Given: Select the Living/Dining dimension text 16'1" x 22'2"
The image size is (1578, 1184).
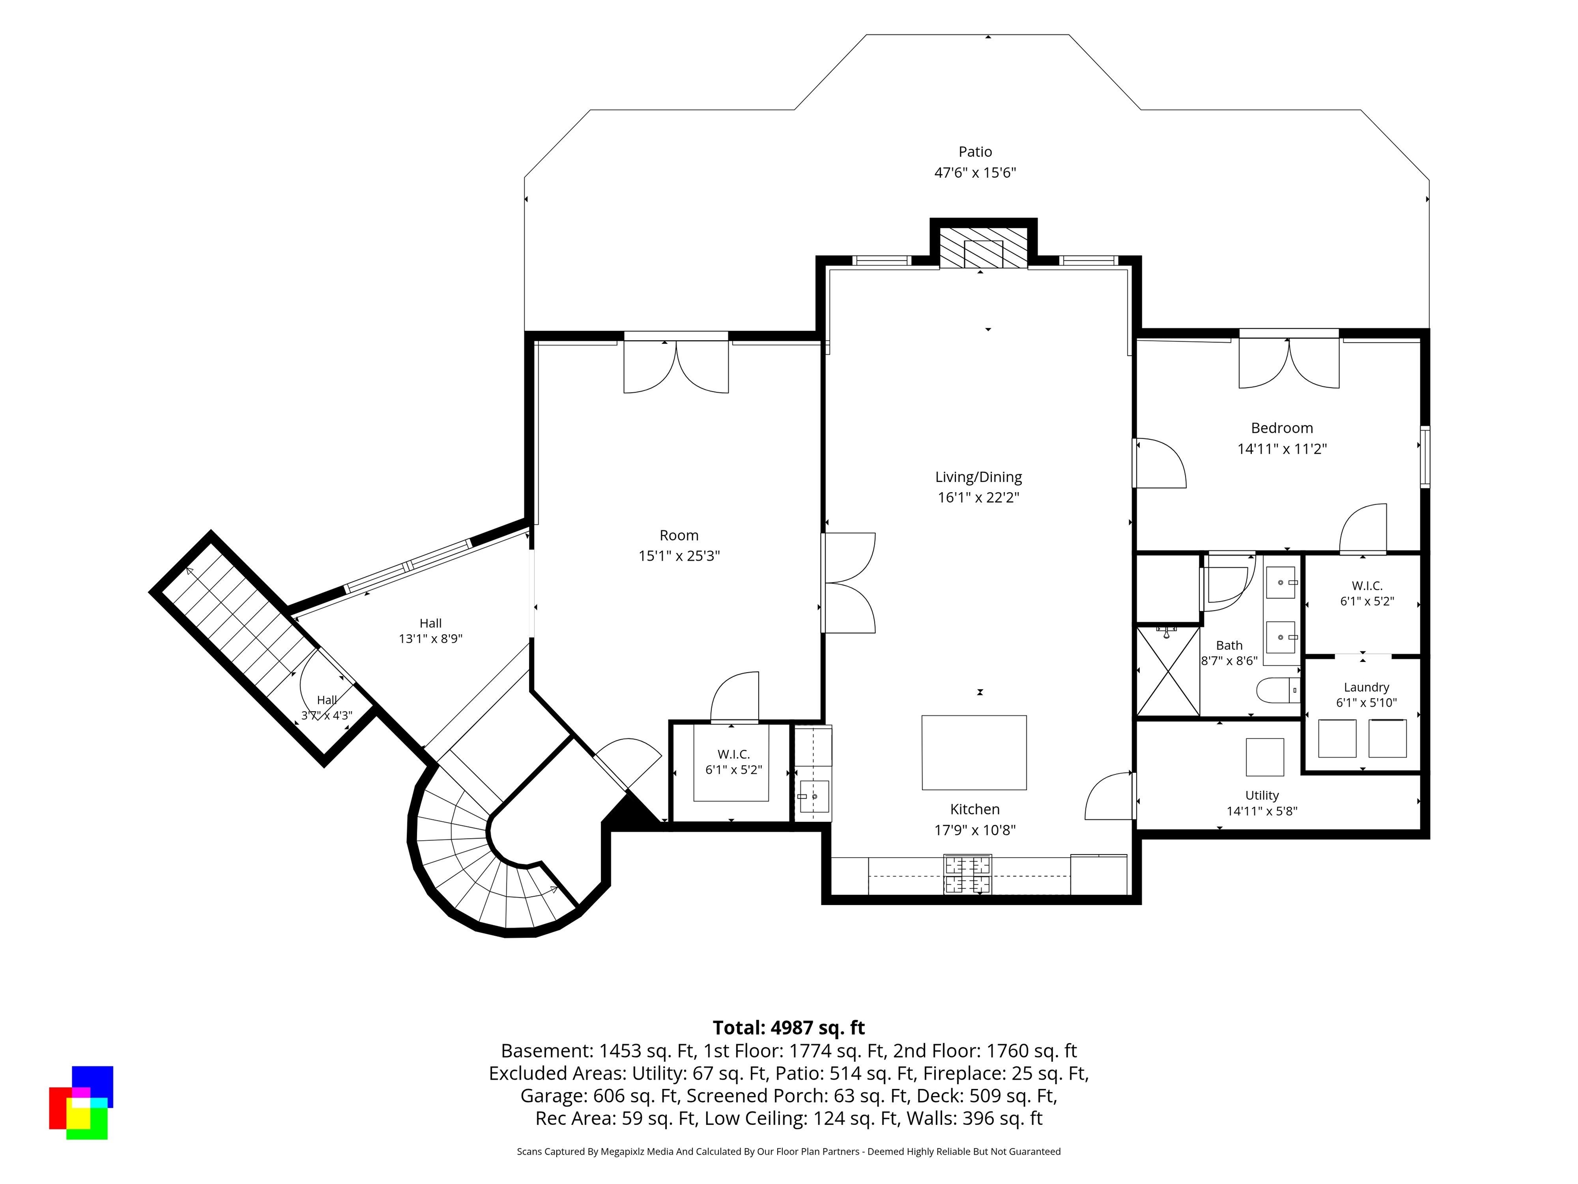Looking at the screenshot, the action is (978, 497).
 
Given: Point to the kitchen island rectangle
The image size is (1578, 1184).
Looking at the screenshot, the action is (974, 752).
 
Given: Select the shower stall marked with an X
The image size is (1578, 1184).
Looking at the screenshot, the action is (1168, 671).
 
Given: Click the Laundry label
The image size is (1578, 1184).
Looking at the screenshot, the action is (1366, 687).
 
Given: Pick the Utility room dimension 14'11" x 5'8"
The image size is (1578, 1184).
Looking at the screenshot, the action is (1261, 811).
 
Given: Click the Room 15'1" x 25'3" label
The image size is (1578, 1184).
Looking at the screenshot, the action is (679, 545).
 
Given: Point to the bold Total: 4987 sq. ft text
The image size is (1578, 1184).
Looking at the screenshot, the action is (788, 1028).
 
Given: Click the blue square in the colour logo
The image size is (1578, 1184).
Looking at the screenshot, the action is (93, 1081).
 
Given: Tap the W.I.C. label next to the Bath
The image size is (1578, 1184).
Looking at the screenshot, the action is (1366, 586).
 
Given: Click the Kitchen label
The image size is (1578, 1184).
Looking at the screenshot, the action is (974, 809).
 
